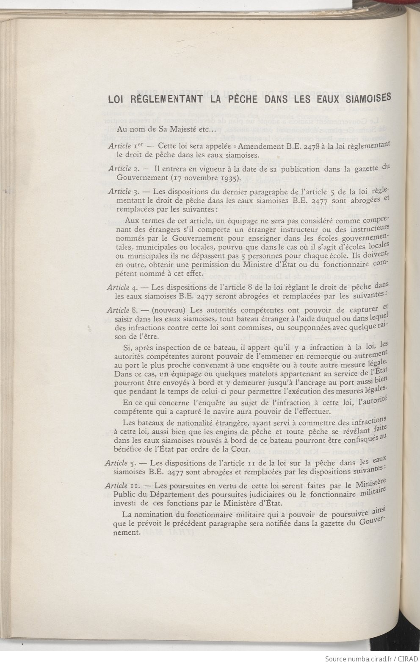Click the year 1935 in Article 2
(x=220, y=178)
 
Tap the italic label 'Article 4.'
(x=120, y=287)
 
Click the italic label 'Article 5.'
(x=119, y=463)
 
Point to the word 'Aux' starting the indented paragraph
(x=132, y=221)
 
